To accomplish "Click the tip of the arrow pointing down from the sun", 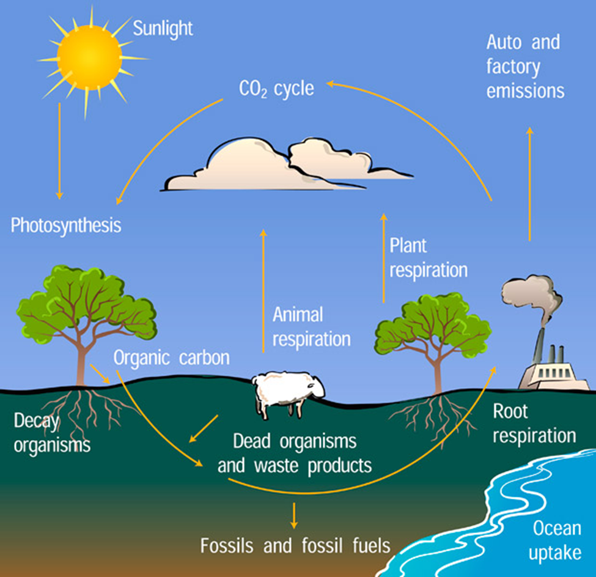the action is point(59,199).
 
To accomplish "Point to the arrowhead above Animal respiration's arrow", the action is point(263,230).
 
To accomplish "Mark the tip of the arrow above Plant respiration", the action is point(384,213).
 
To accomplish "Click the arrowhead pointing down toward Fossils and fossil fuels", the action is point(293,528).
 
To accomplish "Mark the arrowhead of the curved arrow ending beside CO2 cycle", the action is point(327,83).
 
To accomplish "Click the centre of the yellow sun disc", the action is point(90,57).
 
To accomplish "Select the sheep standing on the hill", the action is point(288,393).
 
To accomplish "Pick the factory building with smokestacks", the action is point(554,371).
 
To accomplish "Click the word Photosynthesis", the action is point(66,226).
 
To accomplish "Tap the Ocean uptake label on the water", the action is point(556,540).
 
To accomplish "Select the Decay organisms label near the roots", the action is point(52,433).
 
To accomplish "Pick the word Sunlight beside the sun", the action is point(163,29).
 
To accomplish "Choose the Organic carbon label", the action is point(171,358).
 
